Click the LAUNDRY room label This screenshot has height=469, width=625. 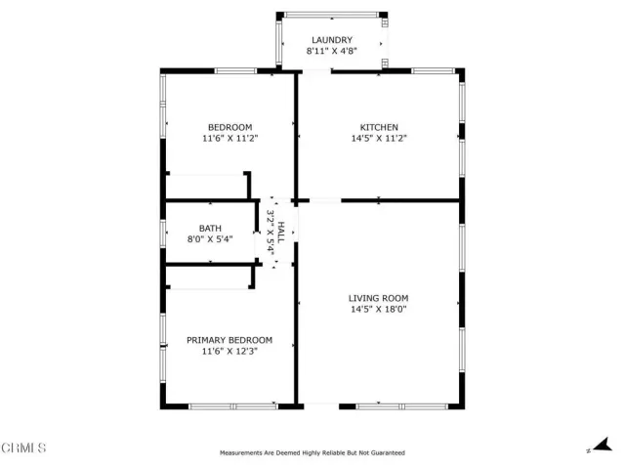coord(332,39)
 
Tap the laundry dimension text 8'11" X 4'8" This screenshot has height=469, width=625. coord(332,51)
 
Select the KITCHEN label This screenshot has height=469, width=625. coord(379,127)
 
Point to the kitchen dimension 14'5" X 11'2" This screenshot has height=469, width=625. coord(379,139)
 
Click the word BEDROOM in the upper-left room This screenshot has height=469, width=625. coord(229,127)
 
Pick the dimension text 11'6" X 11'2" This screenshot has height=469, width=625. coord(229,139)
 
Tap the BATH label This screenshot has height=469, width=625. coord(210,228)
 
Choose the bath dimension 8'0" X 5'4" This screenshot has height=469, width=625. coord(210,238)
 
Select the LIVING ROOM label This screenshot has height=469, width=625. coord(379,298)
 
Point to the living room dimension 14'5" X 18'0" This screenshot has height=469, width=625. coord(379,310)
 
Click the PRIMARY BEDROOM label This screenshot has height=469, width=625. coord(229,340)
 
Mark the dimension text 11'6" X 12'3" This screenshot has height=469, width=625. coord(229,351)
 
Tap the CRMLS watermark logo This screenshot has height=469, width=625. coord(24,448)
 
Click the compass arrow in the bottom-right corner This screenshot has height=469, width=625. coord(598,445)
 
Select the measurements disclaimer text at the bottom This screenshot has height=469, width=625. coord(312,452)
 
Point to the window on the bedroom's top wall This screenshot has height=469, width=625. coord(235,70)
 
